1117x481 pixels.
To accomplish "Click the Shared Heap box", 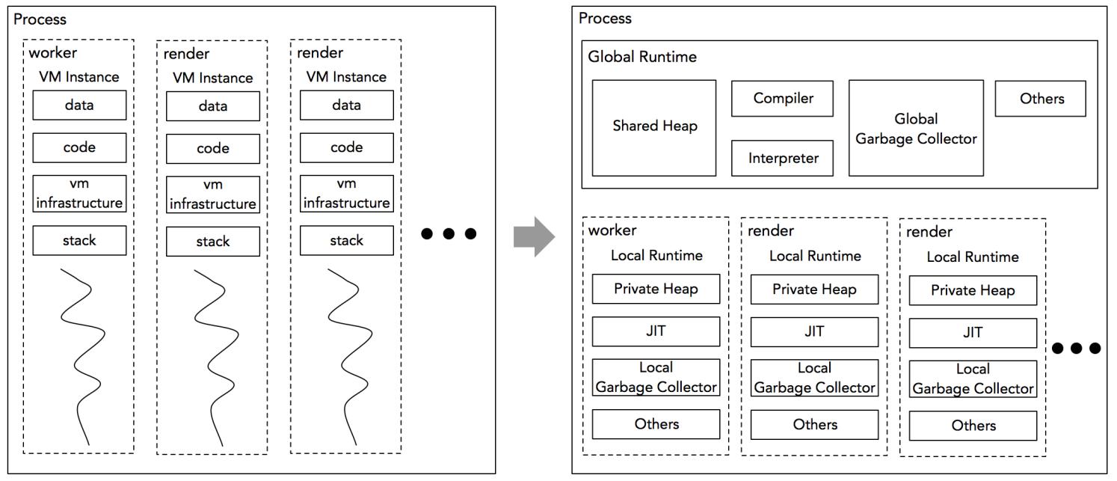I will [654, 127].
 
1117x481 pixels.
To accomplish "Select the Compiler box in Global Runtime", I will [782, 99].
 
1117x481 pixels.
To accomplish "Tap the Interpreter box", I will [782, 158].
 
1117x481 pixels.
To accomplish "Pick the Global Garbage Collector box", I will [916, 128].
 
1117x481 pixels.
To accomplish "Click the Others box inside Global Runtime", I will [1040, 99].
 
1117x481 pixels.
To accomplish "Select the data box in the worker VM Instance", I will [79, 105].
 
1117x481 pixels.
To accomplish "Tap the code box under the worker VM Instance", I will [79, 147].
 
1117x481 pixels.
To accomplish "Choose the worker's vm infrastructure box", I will [79, 194].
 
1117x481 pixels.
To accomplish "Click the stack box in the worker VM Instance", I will [79, 240].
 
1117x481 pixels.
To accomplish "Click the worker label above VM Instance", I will [52, 53].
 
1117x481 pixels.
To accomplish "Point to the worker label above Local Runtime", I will [612, 230].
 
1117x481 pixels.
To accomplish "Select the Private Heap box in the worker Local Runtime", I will [656, 289].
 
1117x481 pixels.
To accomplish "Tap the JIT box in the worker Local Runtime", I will [656, 332].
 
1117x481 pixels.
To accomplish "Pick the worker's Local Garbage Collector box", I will [656, 378].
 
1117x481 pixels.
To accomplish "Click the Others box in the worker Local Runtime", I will [656, 424].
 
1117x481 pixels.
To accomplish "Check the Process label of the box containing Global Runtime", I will [605, 18].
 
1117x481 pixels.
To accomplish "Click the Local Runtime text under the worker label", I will [656, 255].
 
